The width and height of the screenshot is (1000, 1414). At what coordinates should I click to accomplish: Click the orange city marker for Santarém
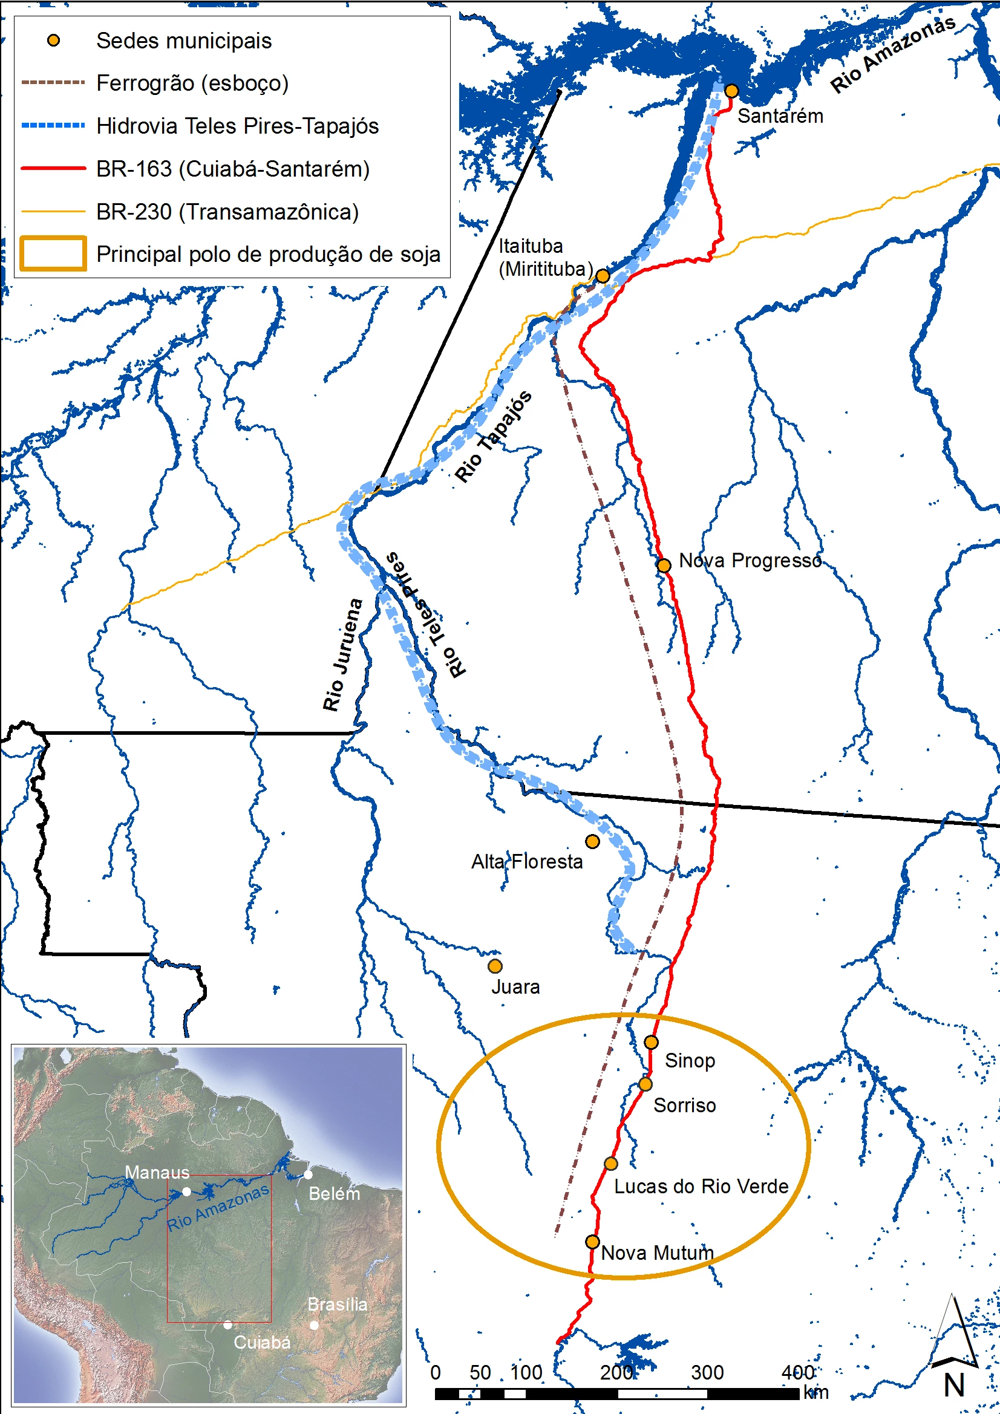coord(731,91)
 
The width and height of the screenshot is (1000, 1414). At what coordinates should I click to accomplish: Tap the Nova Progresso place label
coord(750,561)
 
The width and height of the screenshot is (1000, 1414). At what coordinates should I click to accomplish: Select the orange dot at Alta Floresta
coord(592,841)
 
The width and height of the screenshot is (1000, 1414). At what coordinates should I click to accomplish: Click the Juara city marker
coord(495,966)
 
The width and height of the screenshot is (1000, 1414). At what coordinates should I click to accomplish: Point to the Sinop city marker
coord(652,1042)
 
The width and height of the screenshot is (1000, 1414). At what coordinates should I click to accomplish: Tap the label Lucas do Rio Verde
coord(701,1186)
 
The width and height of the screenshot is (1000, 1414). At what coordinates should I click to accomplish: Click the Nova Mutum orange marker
coord(592,1242)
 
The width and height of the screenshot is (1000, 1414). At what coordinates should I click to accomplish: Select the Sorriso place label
coord(685,1106)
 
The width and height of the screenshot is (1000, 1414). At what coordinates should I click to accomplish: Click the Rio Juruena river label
coord(342,654)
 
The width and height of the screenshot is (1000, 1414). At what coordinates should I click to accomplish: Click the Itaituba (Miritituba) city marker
coord(603,276)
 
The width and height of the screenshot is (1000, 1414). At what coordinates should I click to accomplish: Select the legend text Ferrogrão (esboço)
coord(192,83)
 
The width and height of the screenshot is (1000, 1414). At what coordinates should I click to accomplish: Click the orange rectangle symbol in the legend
coord(53,254)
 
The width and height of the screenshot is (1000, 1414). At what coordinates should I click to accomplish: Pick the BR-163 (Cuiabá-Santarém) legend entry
coord(233,169)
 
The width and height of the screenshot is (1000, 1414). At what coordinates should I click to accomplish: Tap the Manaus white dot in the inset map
coord(187,1191)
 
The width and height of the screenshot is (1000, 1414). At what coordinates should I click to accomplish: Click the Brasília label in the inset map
coord(337,1304)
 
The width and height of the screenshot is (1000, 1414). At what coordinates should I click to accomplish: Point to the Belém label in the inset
coord(334,1193)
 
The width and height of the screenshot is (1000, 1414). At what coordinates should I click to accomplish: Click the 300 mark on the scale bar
coord(707,1372)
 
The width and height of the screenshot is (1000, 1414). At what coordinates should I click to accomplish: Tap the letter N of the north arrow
coord(954,1385)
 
